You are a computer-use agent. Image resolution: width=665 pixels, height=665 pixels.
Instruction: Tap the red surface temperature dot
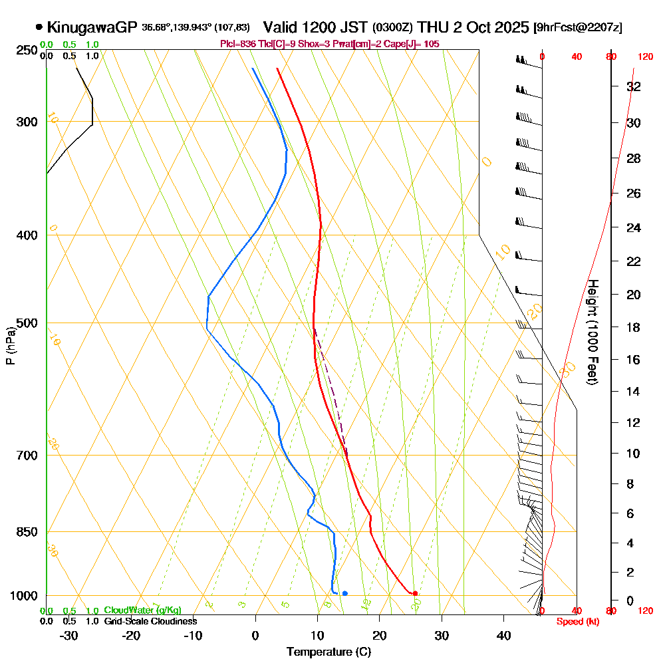click(415, 593)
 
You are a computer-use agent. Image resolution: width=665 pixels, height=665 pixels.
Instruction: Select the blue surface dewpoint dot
click(344, 593)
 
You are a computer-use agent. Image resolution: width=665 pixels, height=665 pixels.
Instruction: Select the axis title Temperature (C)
click(329, 652)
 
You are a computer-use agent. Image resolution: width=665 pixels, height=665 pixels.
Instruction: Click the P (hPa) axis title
click(10, 346)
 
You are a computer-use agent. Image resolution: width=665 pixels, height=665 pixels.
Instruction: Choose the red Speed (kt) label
click(577, 621)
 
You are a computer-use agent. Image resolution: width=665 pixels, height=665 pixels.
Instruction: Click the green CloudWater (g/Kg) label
click(142, 610)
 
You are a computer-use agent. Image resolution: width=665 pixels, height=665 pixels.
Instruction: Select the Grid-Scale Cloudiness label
click(150, 621)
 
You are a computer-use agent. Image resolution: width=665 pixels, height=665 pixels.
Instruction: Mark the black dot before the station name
click(39, 27)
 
